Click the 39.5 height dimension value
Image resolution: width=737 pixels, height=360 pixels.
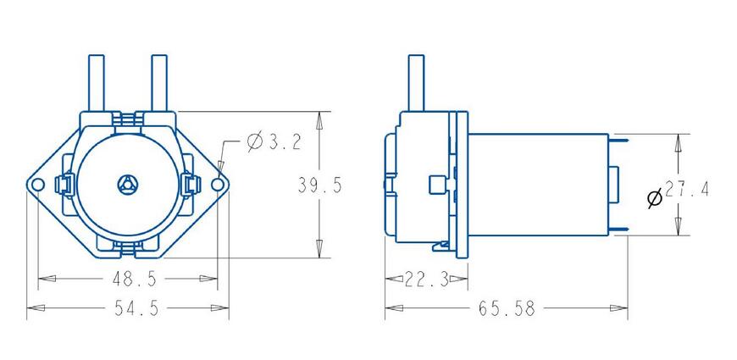pyautogui.click(x=319, y=186)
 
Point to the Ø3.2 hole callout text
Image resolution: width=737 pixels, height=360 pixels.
pyautogui.click(x=274, y=142)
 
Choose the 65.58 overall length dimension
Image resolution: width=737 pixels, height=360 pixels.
pyautogui.click(x=507, y=308)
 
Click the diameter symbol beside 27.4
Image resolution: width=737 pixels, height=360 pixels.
pyautogui.click(x=655, y=198)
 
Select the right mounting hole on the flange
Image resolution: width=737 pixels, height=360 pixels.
pyautogui.click(x=219, y=184)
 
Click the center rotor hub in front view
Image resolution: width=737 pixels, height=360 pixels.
pyautogui.click(x=127, y=184)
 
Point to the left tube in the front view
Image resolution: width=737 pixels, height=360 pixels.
pyautogui.click(x=97, y=82)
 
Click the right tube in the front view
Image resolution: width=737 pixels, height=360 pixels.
pyautogui.click(x=158, y=82)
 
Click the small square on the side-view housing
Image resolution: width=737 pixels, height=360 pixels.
pyautogui.click(x=437, y=185)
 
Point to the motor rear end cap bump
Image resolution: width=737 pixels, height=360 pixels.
pyautogui.click(x=613, y=185)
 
